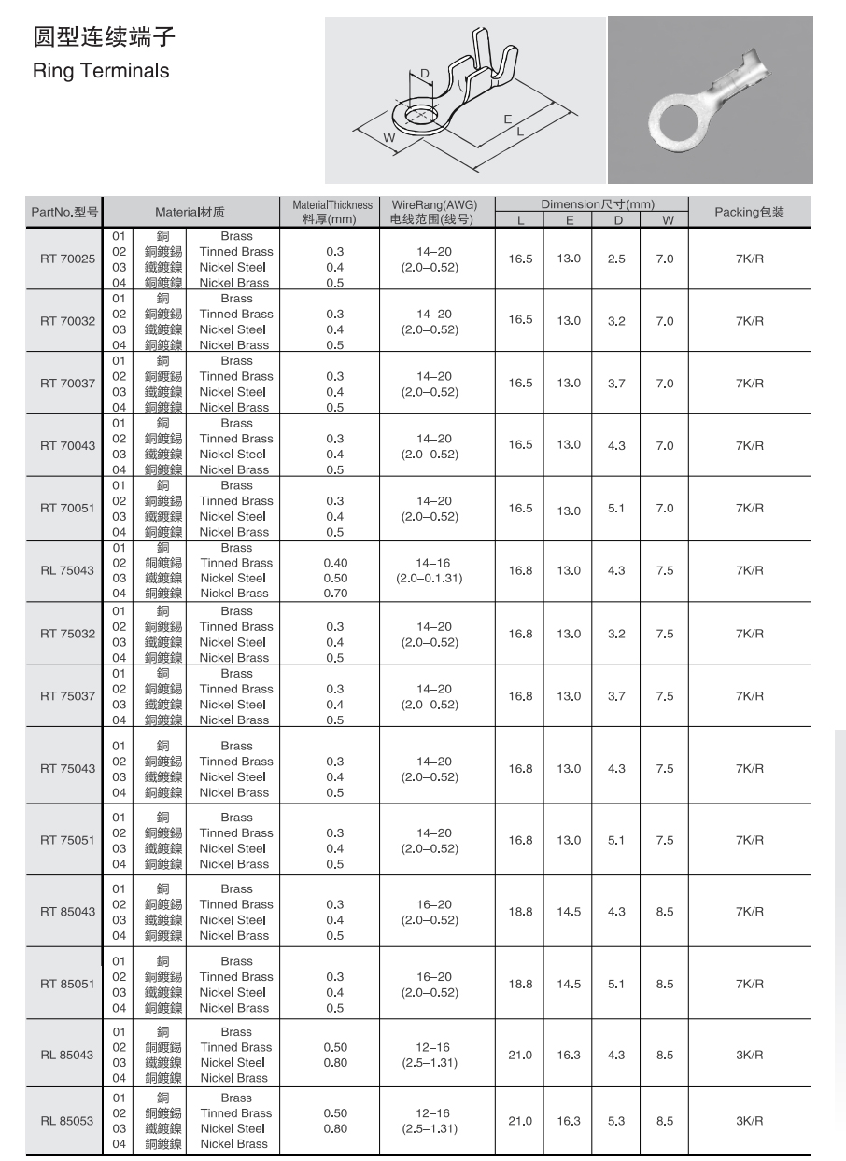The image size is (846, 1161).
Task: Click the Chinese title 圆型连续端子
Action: (104, 38)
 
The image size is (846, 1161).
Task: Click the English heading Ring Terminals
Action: (101, 70)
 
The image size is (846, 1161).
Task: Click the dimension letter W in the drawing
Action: (388, 138)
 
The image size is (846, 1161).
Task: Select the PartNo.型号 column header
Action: (64, 212)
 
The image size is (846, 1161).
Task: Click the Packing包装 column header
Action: (749, 212)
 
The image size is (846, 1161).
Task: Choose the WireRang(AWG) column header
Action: (434, 204)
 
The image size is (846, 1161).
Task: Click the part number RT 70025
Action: (67, 259)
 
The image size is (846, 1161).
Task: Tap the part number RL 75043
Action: (67, 570)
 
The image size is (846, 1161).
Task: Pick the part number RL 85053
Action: (67, 1120)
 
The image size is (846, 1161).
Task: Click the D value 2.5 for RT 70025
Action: (616, 259)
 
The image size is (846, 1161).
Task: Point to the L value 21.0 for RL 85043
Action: (520, 1055)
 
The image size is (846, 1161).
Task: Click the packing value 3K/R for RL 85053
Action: (749, 1120)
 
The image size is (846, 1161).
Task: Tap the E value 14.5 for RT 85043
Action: (569, 912)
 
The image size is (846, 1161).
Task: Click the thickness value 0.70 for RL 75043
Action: (334, 593)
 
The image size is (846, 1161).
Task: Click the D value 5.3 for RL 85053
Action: (616, 1120)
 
